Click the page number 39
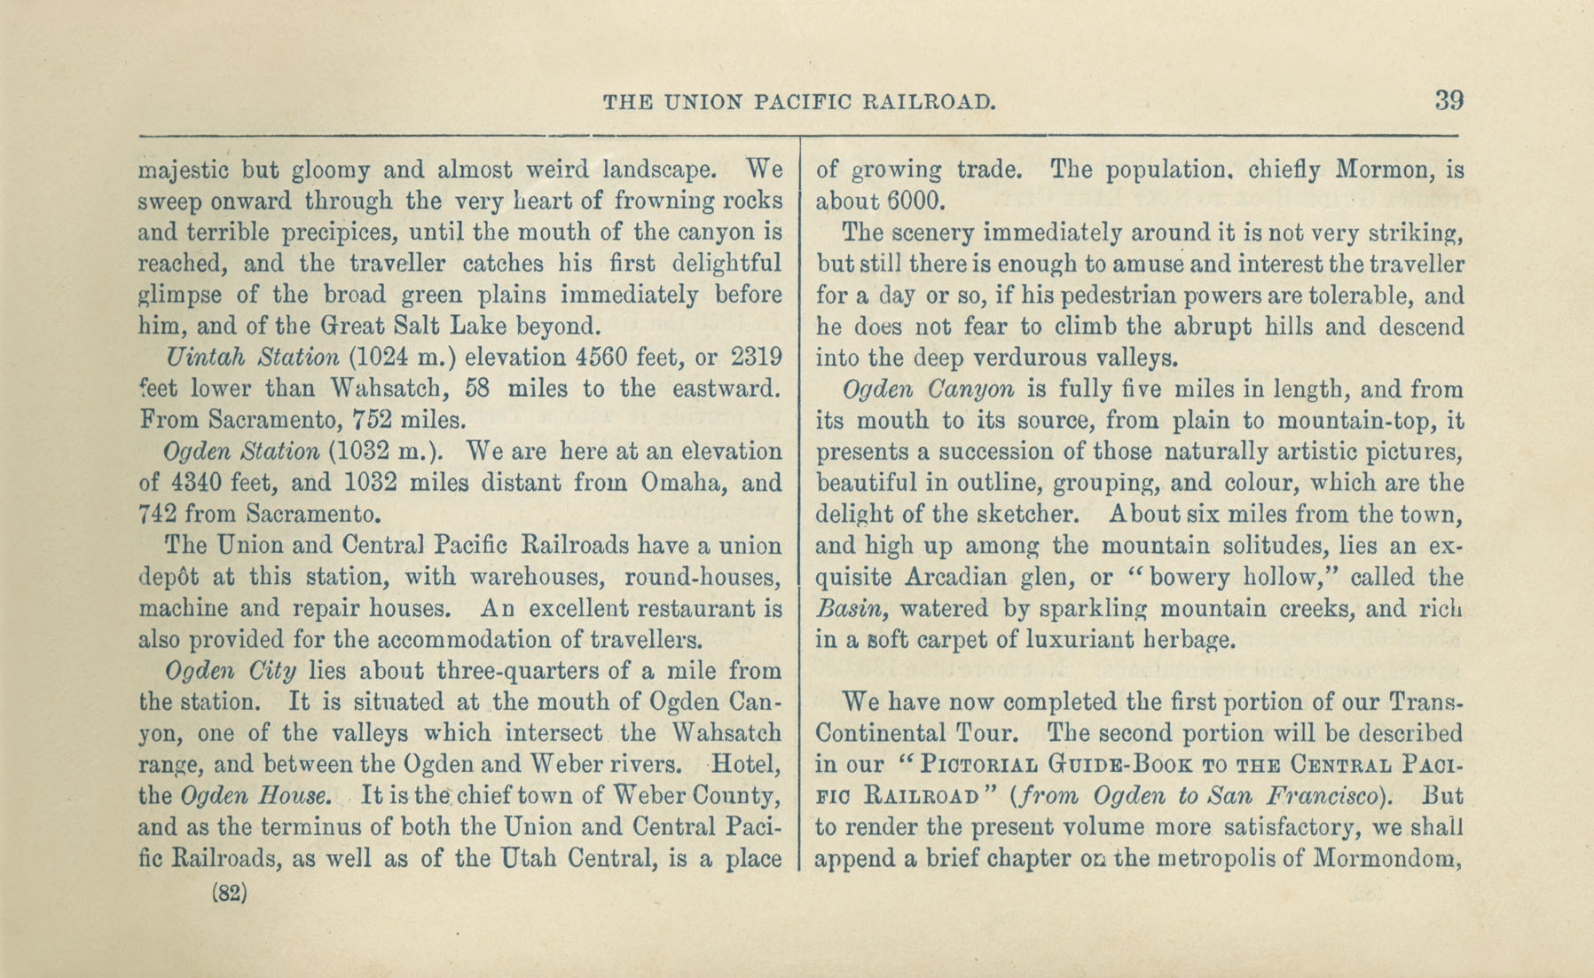[1449, 100]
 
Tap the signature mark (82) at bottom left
[230, 893]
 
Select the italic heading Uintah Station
[253, 358]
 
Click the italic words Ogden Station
[241, 452]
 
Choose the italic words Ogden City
[231, 671]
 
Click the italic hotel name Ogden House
[256, 796]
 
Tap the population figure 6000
[915, 201]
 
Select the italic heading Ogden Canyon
[928, 390]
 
